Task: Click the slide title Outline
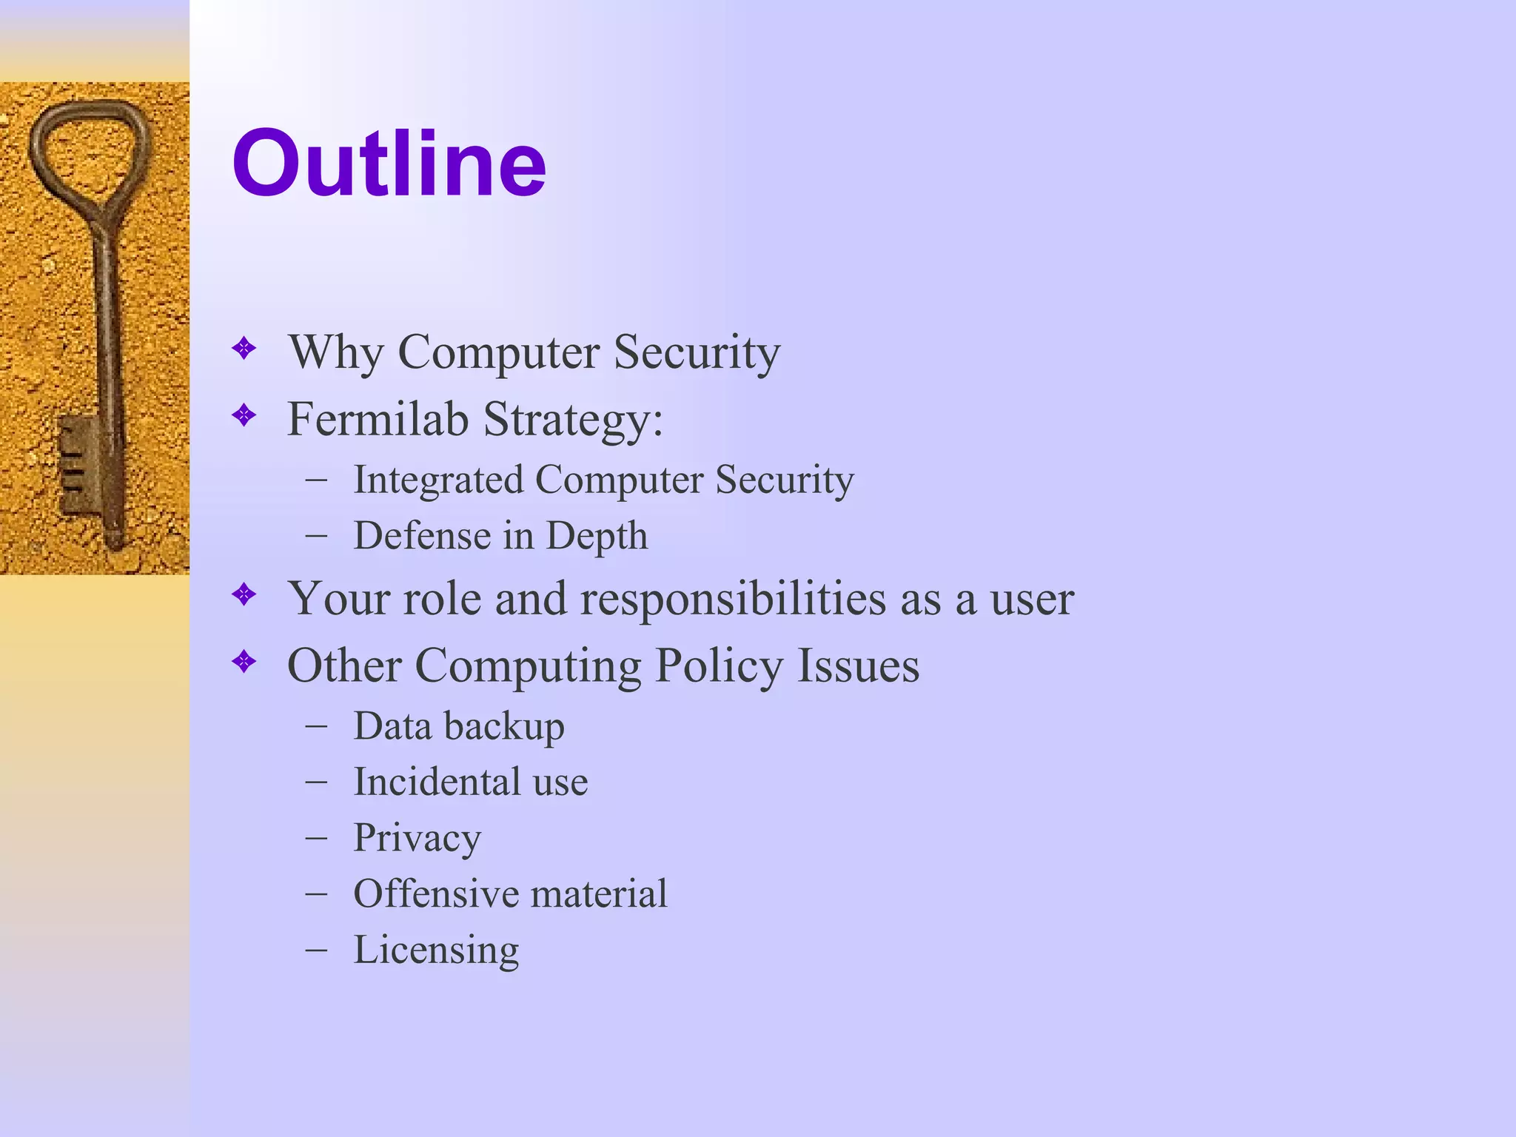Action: (x=389, y=164)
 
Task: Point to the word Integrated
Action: (x=437, y=480)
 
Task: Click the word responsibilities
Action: (x=733, y=598)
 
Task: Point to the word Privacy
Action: (x=417, y=839)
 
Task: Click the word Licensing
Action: (x=436, y=950)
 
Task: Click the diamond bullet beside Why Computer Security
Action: (x=244, y=348)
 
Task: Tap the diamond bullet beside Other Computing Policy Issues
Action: (x=244, y=661)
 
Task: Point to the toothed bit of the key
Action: (x=78, y=463)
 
